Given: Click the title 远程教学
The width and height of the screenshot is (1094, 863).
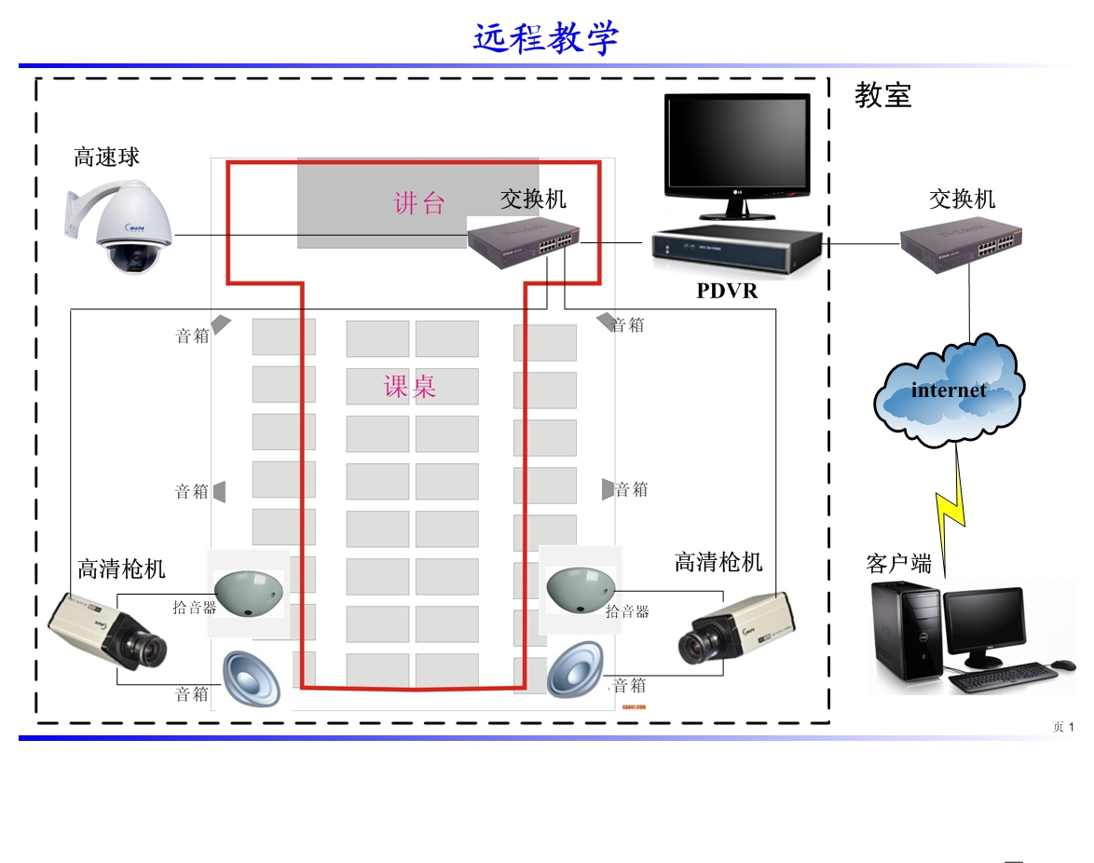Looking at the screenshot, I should (546, 39).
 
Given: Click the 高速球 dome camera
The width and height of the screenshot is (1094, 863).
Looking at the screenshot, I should (126, 229).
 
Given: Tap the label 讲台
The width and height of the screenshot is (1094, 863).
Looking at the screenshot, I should (419, 203).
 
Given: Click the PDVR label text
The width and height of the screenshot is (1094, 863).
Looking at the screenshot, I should (727, 292).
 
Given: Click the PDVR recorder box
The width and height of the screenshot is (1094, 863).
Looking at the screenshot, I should (736, 250).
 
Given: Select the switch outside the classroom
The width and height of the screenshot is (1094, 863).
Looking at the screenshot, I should (957, 244).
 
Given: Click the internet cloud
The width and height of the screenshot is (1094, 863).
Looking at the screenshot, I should (950, 390).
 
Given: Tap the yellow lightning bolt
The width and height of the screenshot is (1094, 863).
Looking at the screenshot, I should (953, 508).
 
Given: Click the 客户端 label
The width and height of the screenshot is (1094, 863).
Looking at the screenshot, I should (898, 564).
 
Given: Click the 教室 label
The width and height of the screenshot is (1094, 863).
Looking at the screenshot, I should (882, 95).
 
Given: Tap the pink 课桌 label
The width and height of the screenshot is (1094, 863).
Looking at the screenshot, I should (410, 387).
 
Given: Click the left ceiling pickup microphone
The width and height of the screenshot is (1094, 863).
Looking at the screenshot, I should (248, 592).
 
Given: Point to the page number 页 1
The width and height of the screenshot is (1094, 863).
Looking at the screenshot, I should (1063, 727).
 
